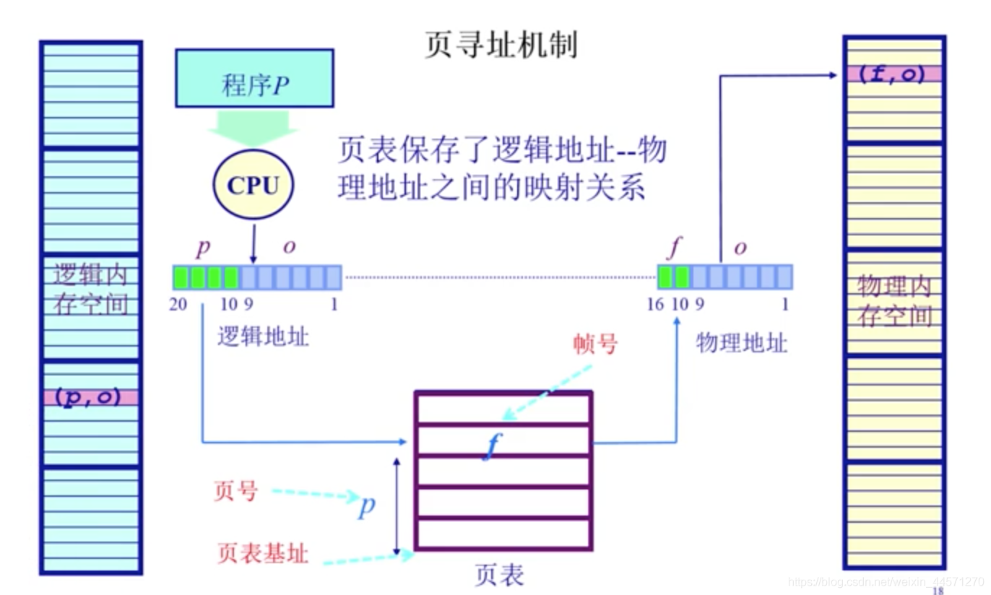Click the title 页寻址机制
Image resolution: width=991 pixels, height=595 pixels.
pyautogui.click(x=501, y=45)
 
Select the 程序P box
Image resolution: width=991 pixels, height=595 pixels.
pyautogui.click(x=254, y=78)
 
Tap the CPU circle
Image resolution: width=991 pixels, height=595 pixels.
pyautogui.click(x=253, y=186)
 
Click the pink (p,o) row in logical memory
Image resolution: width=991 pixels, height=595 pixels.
pyautogui.click(x=90, y=397)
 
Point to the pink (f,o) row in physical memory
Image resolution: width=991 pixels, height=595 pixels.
pyautogui.click(x=893, y=74)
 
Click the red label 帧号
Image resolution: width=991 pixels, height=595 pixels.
pyautogui.click(x=595, y=344)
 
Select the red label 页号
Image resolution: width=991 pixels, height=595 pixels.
pyautogui.click(x=235, y=492)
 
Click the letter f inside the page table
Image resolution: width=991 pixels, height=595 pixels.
pyautogui.click(x=493, y=443)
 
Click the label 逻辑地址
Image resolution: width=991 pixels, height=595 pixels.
pyautogui.click(x=263, y=336)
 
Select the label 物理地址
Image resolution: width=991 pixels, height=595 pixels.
pyautogui.click(x=741, y=342)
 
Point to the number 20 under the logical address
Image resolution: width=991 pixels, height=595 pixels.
pyautogui.click(x=178, y=305)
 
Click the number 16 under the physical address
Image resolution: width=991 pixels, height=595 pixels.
pyautogui.click(x=655, y=305)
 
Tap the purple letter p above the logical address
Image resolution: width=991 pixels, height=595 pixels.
pyautogui.click(x=204, y=248)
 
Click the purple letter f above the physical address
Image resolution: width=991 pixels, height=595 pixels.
pyautogui.click(x=675, y=248)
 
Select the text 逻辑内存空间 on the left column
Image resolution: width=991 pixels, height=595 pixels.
pyautogui.click(x=90, y=290)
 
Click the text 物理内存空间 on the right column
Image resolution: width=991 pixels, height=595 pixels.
pyautogui.click(x=894, y=301)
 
